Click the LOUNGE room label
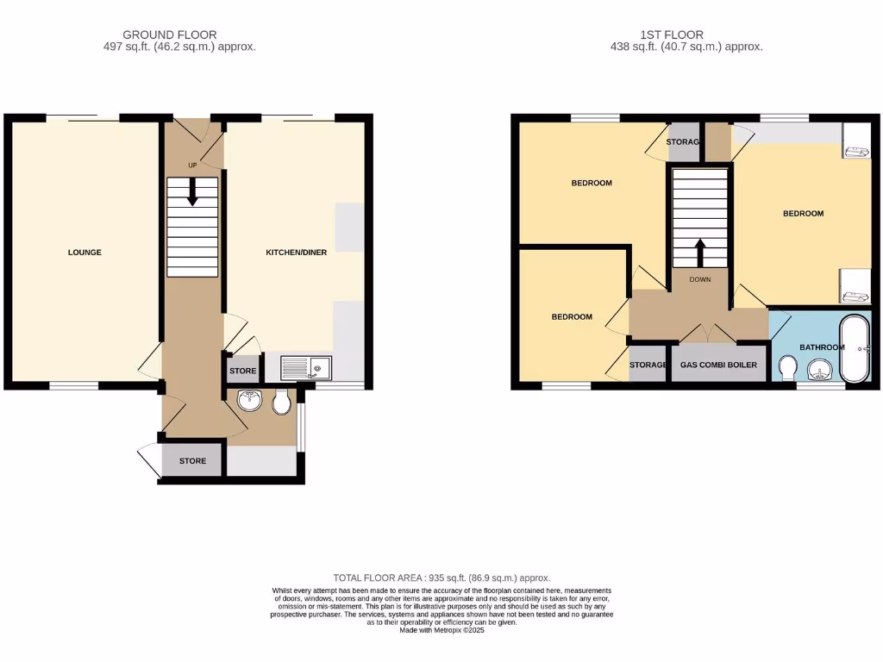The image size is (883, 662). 85,253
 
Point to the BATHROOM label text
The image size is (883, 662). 821,347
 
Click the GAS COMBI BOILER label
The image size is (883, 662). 718,365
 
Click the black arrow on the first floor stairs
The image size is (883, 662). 699,253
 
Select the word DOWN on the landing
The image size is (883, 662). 699,279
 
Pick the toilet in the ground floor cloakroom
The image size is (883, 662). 281,403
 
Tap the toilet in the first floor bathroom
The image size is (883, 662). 786,369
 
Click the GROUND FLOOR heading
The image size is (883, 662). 170,35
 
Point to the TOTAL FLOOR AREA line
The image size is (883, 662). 441,578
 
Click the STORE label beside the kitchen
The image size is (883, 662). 242,372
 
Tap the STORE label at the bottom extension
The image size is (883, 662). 192,461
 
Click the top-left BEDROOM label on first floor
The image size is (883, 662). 592,183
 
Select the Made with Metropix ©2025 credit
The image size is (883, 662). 441,630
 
